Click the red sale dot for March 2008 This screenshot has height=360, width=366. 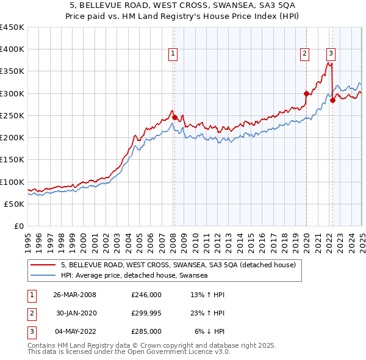tap(174, 117)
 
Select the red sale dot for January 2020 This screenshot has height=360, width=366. tap(306, 93)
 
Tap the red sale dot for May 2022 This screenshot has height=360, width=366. tap(332, 100)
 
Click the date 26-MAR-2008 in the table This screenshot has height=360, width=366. tap(74, 295)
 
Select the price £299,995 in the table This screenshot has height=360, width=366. tap(146, 313)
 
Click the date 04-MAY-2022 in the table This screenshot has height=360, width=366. tap(74, 331)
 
